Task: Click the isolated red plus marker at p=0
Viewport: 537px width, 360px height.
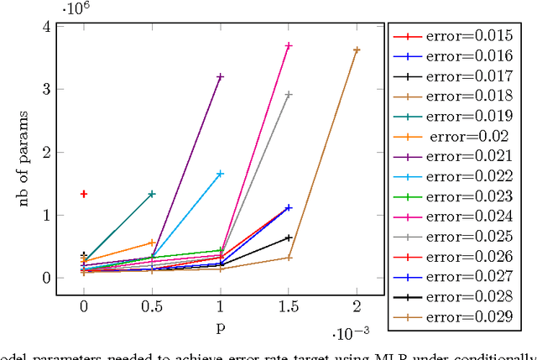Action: click(84, 194)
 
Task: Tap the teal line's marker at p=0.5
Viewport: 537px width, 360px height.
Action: click(152, 194)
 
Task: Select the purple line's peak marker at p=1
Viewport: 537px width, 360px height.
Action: click(221, 76)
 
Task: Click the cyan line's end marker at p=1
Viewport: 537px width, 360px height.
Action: click(221, 174)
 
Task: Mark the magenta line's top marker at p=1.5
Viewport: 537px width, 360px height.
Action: click(289, 45)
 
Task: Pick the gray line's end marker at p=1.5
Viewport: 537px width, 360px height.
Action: click(289, 95)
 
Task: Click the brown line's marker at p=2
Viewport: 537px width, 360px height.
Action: click(357, 50)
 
